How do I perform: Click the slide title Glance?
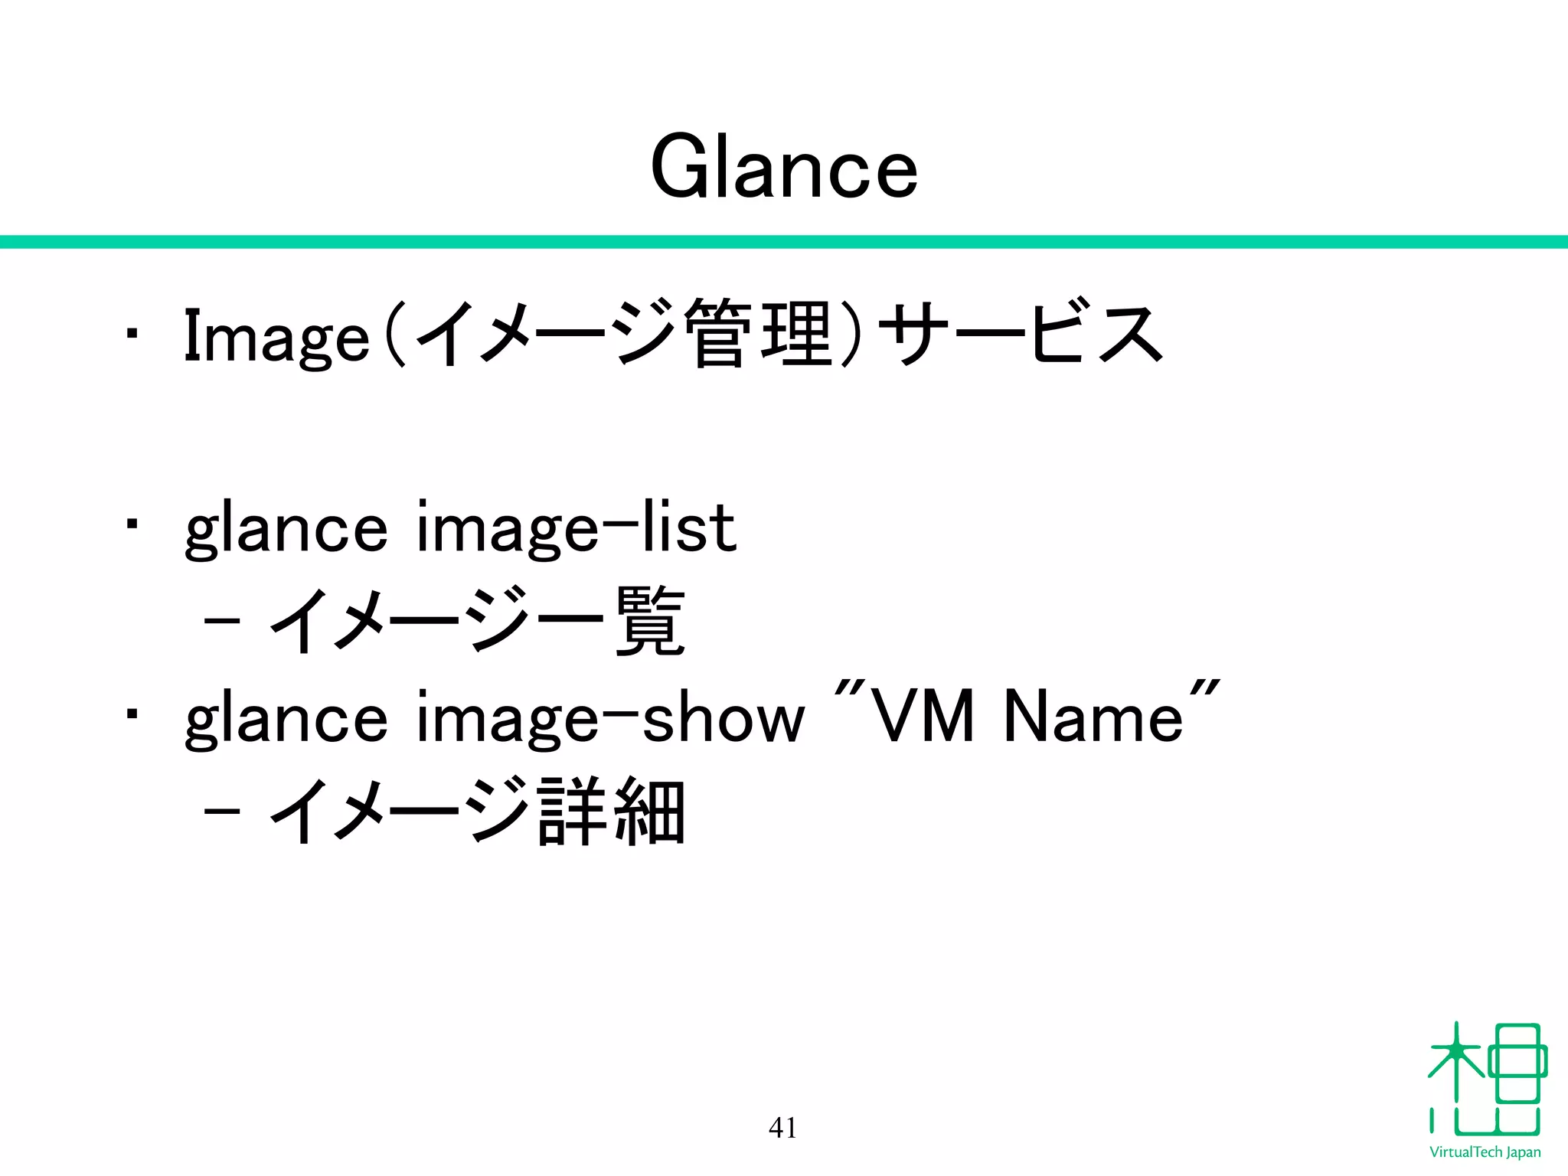[x=783, y=167]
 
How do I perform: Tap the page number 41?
[x=782, y=1128]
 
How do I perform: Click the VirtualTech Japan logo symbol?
[x=1486, y=1080]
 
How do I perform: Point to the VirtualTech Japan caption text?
[x=1485, y=1152]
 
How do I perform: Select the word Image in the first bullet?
[x=276, y=337]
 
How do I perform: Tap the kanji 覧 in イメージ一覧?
[x=650, y=621]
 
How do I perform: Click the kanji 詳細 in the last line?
[x=612, y=812]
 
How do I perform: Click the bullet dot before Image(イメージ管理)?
[x=132, y=335]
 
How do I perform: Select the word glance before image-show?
[x=286, y=720]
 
